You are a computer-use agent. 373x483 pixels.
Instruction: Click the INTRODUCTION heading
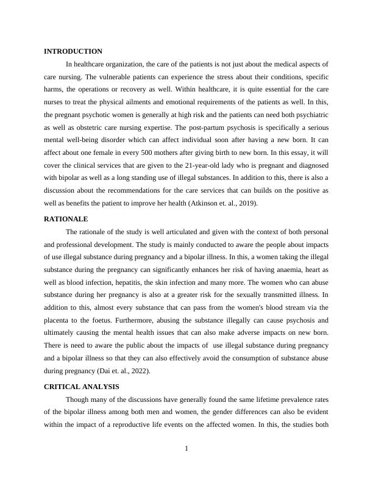tap(73, 51)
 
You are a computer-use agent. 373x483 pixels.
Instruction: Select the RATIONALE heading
tap(66, 219)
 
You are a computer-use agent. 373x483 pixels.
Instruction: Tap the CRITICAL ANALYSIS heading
tap(82, 387)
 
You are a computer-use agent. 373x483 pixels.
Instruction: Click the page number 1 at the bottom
tap(187, 449)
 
